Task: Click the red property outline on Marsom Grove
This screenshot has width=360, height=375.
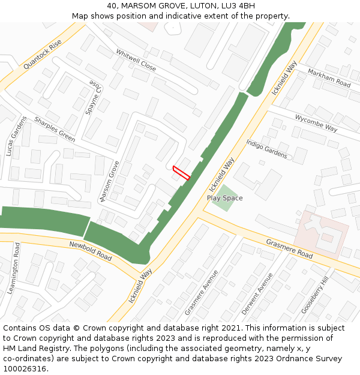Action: [181, 172]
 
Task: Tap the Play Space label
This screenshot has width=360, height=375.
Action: [224, 198]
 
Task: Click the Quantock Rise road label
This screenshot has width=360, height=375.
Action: [43, 55]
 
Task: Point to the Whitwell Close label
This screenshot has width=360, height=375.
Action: [136, 61]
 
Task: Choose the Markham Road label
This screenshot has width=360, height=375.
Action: [329, 78]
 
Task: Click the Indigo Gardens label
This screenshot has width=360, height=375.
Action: [266, 149]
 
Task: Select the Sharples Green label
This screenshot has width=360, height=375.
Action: [55, 129]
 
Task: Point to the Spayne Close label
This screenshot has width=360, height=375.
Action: [94, 98]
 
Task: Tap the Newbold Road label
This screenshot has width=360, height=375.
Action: [91, 251]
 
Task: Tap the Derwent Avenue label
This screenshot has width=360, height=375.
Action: [257, 293]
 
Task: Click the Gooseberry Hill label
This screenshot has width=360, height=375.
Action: [315, 295]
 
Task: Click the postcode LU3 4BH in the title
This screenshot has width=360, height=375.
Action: [238, 6]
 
